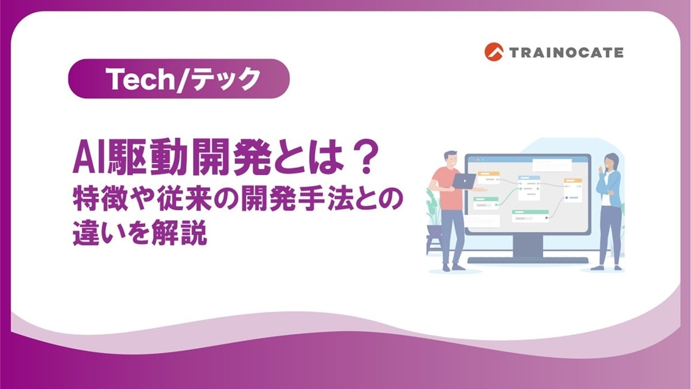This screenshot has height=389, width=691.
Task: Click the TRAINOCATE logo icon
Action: point(494,52)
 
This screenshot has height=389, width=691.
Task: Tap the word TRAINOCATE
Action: point(565,52)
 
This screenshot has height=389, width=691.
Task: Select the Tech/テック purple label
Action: point(178,79)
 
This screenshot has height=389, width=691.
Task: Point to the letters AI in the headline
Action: point(85,161)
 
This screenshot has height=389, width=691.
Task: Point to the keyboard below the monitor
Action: point(528,260)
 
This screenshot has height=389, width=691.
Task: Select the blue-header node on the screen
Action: point(528,187)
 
